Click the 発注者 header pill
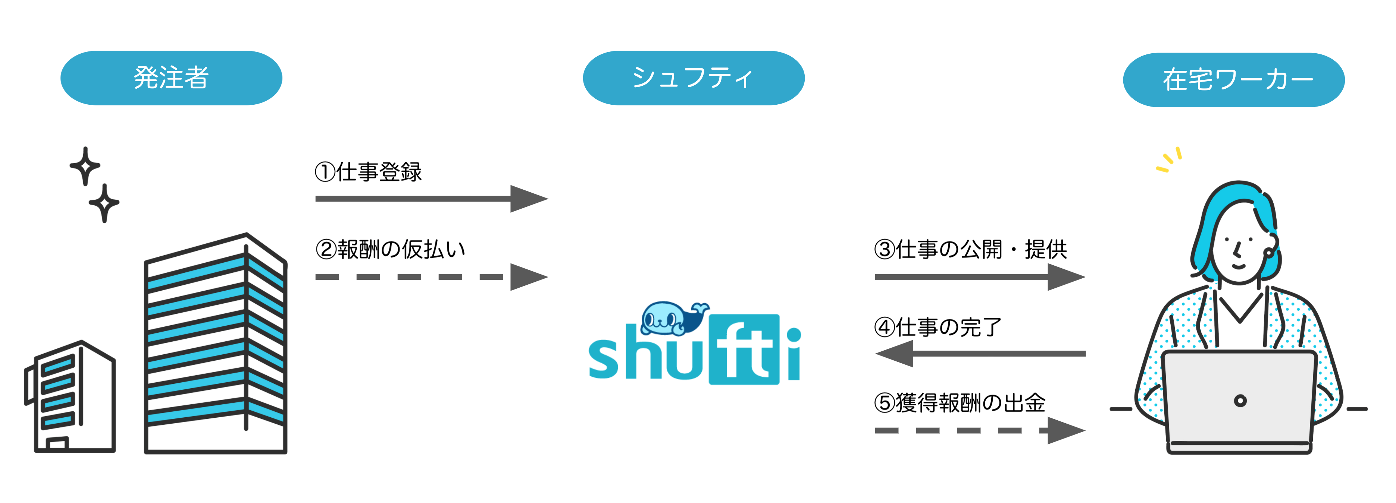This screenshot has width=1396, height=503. tap(171, 78)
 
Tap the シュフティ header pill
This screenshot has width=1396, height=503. tap(694, 78)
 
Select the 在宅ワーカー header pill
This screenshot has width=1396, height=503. tap(1234, 80)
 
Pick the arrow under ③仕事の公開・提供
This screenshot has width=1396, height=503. tap(980, 277)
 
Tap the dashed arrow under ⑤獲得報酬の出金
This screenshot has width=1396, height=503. tap(980, 430)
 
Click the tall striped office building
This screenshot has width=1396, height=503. tap(216, 343)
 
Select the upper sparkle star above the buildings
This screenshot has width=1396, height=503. tap(85, 166)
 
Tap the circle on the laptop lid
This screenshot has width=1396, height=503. tap(1240, 401)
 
